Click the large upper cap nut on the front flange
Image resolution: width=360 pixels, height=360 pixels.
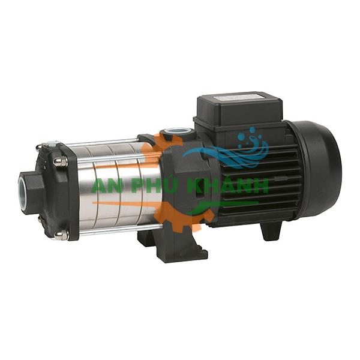point(61,162)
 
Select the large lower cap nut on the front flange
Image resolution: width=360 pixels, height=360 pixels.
point(62,235)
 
